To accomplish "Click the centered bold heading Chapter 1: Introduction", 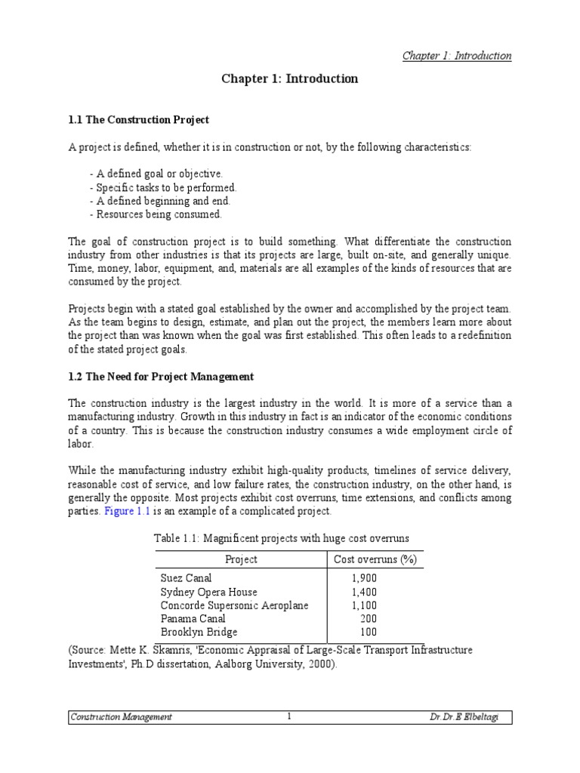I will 289,79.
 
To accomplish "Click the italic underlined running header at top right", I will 456,56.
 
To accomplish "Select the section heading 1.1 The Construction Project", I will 139,120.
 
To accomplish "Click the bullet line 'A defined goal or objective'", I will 156,174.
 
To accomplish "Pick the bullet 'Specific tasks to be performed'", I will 162,187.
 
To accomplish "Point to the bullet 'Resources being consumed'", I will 156,214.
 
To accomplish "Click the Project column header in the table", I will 241,559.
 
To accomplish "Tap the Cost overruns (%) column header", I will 375,559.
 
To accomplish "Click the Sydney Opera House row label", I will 208,592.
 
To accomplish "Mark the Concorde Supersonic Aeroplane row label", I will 234,605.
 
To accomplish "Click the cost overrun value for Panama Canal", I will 369,619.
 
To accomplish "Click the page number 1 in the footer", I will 289,716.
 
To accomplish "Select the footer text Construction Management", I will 121,717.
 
